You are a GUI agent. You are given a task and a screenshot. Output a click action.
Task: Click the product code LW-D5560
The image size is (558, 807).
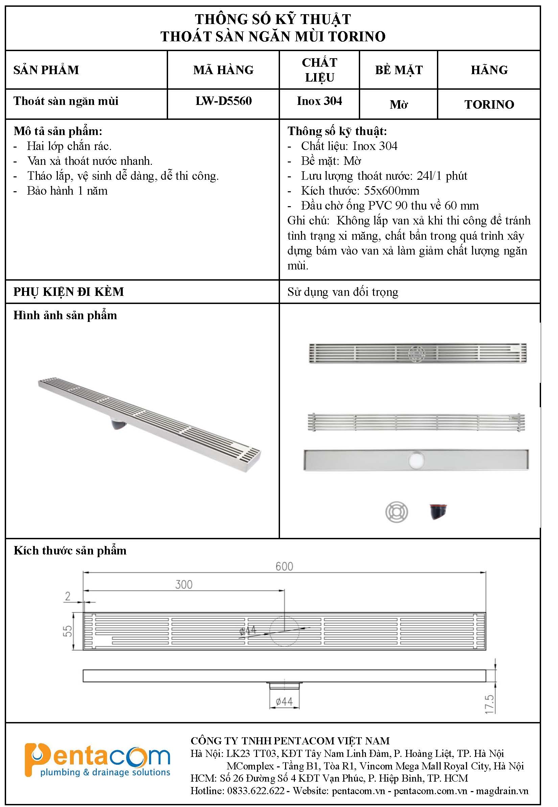point(224,101)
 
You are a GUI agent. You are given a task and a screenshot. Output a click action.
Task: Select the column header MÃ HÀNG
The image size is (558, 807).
point(224,70)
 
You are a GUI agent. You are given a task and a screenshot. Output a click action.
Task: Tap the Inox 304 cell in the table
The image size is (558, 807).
point(319,101)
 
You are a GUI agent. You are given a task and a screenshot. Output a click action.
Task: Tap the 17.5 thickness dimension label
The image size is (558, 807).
point(489,704)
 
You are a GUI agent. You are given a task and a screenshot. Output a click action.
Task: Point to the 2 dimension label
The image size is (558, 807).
point(68,596)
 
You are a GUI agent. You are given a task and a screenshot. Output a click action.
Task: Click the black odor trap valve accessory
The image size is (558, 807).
point(438,511)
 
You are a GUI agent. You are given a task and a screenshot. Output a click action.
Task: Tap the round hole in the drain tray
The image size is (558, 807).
point(416,459)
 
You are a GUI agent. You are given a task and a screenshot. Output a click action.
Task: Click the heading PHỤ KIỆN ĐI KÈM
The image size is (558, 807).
point(69,292)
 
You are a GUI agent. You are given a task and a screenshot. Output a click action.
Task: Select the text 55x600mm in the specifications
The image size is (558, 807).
point(392,191)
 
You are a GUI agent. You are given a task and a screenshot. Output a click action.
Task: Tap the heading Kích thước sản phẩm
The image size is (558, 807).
point(70,550)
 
